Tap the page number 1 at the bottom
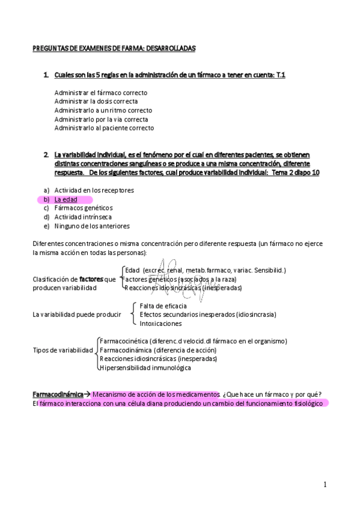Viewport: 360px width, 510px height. pyautogui.click(x=325, y=484)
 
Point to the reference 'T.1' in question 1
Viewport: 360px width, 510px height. pyautogui.click(x=280, y=75)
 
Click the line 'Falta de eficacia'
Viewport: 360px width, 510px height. pyautogui.click(x=164, y=306)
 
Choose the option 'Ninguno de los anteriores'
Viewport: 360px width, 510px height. pyautogui.click(x=91, y=226)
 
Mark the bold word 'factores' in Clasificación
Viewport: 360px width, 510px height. pyautogui.click(x=91, y=279)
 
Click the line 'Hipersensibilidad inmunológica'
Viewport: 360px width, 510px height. pyautogui.click(x=145, y=367)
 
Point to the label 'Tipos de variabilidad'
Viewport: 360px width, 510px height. pyautogui.click(x=63, y=350)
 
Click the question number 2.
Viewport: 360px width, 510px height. pyautogui.click(x=46, y=155)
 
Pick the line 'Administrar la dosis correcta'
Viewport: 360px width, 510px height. pyautogui.click(x=96, y=102)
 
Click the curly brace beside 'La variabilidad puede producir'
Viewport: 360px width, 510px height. pyautogui.click(x=133, y=315)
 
